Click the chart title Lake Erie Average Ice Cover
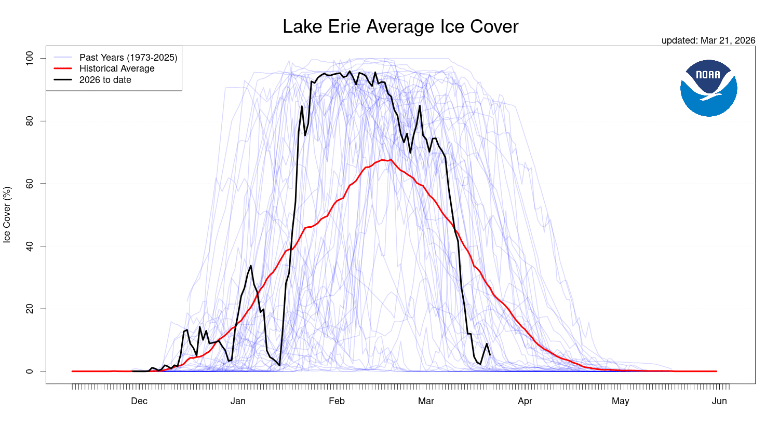click(400, 26)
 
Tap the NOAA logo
click(708, 88)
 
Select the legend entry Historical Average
click(117, 68)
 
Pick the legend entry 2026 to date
click(105, 80)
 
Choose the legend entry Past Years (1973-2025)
click(128, 58)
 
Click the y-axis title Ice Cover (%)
click(7, 215)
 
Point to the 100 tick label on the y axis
click(29, 58)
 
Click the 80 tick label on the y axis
click(29, 121)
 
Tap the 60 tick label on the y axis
click(29, 184)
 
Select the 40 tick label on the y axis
click(29, 246)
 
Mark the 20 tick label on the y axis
click(29, 309)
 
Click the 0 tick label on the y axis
click(29, 371)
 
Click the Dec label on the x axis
click(139, 401)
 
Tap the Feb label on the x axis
click(337, 401)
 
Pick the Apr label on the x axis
click(525, 401)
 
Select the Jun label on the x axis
click(719, 401)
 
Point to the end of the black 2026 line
click(490, 355)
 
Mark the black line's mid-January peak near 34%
click(251, 266)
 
